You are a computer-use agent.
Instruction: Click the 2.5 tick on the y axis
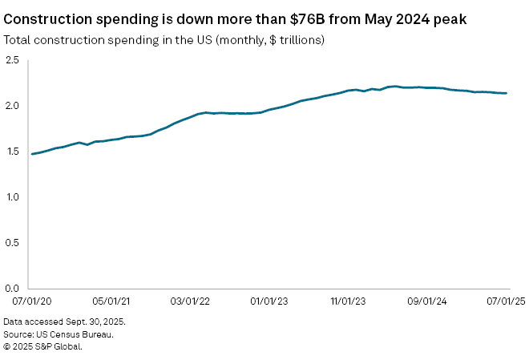12,60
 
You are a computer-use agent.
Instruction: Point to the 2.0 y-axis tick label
12,106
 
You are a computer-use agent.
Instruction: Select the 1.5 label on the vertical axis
12,152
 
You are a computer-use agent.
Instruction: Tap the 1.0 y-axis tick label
12,197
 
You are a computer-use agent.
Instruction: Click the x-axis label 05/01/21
111,301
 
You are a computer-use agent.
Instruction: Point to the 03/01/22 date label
191,301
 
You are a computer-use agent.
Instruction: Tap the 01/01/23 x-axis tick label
269,301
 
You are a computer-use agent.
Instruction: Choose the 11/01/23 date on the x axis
349,301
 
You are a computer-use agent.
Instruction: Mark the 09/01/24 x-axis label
428,301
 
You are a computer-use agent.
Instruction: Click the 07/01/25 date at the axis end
505,301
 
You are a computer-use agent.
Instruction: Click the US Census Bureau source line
58,334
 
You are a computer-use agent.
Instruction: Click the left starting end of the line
32,154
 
